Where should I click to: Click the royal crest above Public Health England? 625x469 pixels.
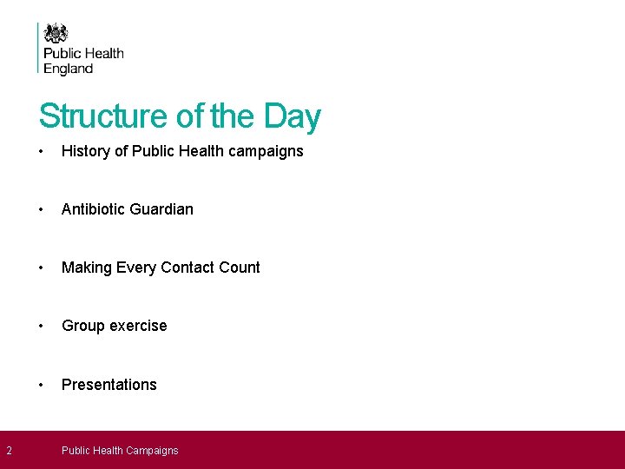56,33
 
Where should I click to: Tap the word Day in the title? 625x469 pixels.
293,116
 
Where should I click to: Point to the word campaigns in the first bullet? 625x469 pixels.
266,151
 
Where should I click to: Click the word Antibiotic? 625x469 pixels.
91,209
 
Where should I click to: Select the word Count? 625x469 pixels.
239,268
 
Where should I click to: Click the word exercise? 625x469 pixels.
138,326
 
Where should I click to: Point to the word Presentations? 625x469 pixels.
109,385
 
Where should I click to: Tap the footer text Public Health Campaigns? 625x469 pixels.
120,451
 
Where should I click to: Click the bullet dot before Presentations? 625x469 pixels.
42,385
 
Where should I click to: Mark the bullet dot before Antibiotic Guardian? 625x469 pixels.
42,209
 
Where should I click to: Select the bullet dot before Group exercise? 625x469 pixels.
42,326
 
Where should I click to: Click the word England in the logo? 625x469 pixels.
68,69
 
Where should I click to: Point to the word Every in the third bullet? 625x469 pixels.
135,268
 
